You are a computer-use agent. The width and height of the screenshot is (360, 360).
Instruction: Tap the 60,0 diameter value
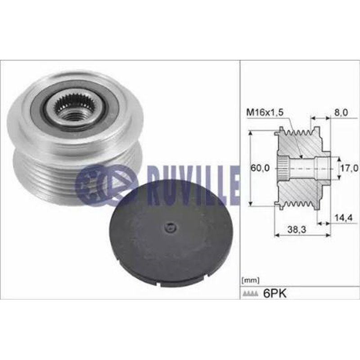click(261, 168)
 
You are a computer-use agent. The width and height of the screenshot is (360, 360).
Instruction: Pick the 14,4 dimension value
click(343, 218)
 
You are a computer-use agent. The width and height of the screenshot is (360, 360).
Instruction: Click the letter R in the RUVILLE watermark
click(156, 182)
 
